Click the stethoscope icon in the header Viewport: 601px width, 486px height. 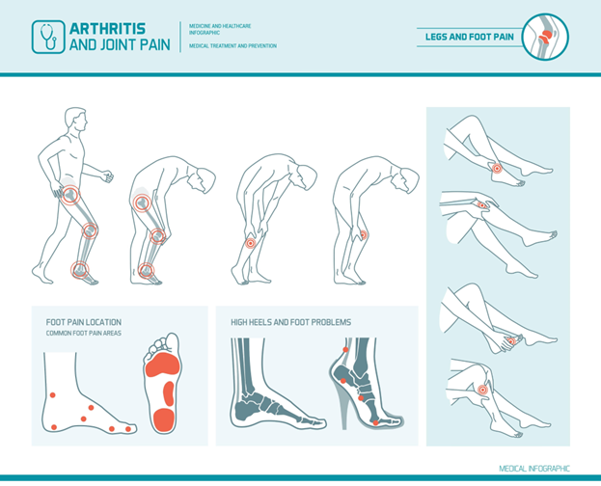pyautogui.click(x=48, y=37)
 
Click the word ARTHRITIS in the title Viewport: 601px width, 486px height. pyautogui.click(x=108, y=29)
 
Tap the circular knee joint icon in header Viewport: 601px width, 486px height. pyautogui.click(x=546, y=37)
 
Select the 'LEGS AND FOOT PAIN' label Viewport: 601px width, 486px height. pyautogui.click(x=470, y=37)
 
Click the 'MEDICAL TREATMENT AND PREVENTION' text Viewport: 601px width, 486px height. pyautogui.click(x=232, y=46)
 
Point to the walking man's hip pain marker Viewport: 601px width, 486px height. pyautogui.click(x=70, y=195)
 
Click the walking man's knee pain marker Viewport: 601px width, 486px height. pyautogui.click(x=90, y=230)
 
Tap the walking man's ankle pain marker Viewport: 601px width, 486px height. pyautogui.click(x=80, y=270)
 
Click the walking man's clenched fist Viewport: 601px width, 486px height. pyautogui.click(x=107, y=175)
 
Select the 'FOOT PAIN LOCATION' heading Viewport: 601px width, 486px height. pyautogui.click(x=84, y=322)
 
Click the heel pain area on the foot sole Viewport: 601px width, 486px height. pyautogui.click(x=164, y=420)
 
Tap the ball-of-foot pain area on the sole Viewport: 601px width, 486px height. pyautogui.click(x=162, y=364)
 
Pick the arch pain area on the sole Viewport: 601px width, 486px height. pyautogui.click(x=169, y=393)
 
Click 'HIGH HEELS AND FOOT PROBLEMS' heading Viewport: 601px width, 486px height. pyautogui.click(x=291, y=322)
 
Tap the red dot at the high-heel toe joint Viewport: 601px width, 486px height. pyautogui.click(x=375, y=422)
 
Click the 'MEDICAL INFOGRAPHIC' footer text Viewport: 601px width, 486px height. pyautogui.click(x=534, y=469)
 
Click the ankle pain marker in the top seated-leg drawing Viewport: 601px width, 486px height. pyautogui.click(x=497, y=168)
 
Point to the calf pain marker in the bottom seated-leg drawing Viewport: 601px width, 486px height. pyautogui.click(x=482, y=391)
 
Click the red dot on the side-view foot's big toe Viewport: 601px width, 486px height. pyautogui.click(x=128, y=429)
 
